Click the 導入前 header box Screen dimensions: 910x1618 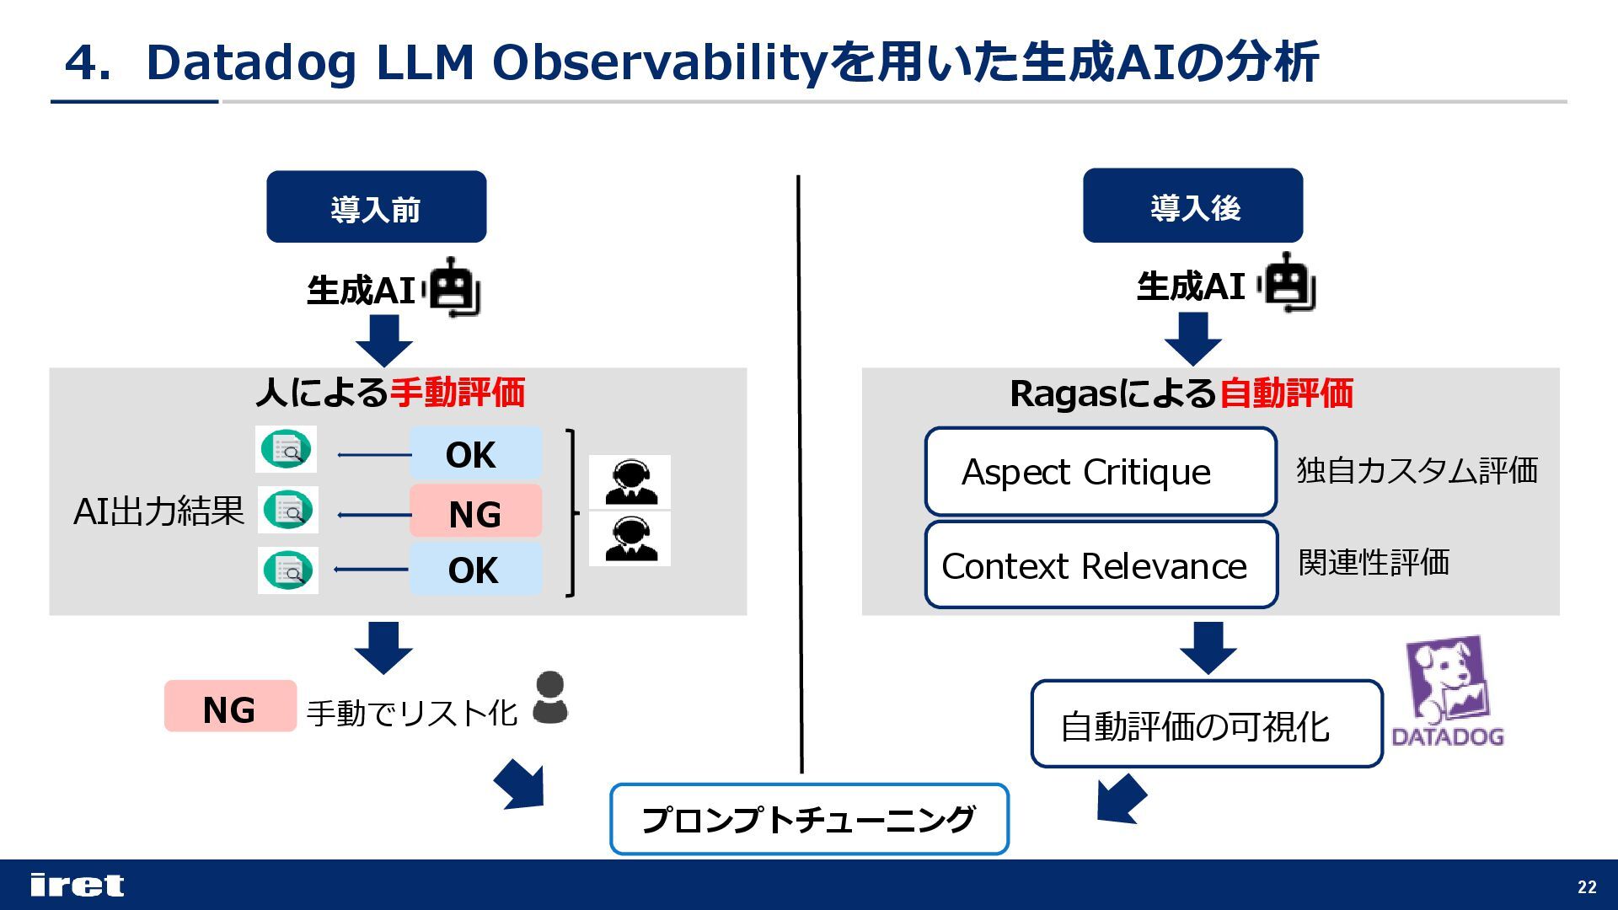coord(376,207)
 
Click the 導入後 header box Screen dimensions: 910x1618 coord(1192,206)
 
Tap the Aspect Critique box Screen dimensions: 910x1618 coord(1100,472)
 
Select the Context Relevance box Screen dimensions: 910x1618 coord(1101,565)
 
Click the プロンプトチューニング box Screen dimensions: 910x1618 coord(809,819)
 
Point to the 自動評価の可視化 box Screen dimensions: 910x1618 coord(1206,725)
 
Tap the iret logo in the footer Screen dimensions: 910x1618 coord(77,885)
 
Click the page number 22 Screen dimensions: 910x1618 coord(1587,886)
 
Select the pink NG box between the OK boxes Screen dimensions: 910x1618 coord(475,512)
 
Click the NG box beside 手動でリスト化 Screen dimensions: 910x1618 coord(230,708)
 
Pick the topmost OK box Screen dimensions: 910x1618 coord(474,454)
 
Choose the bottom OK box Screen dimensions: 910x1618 coord(474,570)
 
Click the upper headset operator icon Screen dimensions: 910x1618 coord(630,481)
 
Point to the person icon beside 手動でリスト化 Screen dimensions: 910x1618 coord(550,698)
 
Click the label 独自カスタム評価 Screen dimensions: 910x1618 coord(1417,470)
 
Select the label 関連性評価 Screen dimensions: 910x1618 coord(1374,562)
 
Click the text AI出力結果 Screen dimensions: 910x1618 coord(158,511)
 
